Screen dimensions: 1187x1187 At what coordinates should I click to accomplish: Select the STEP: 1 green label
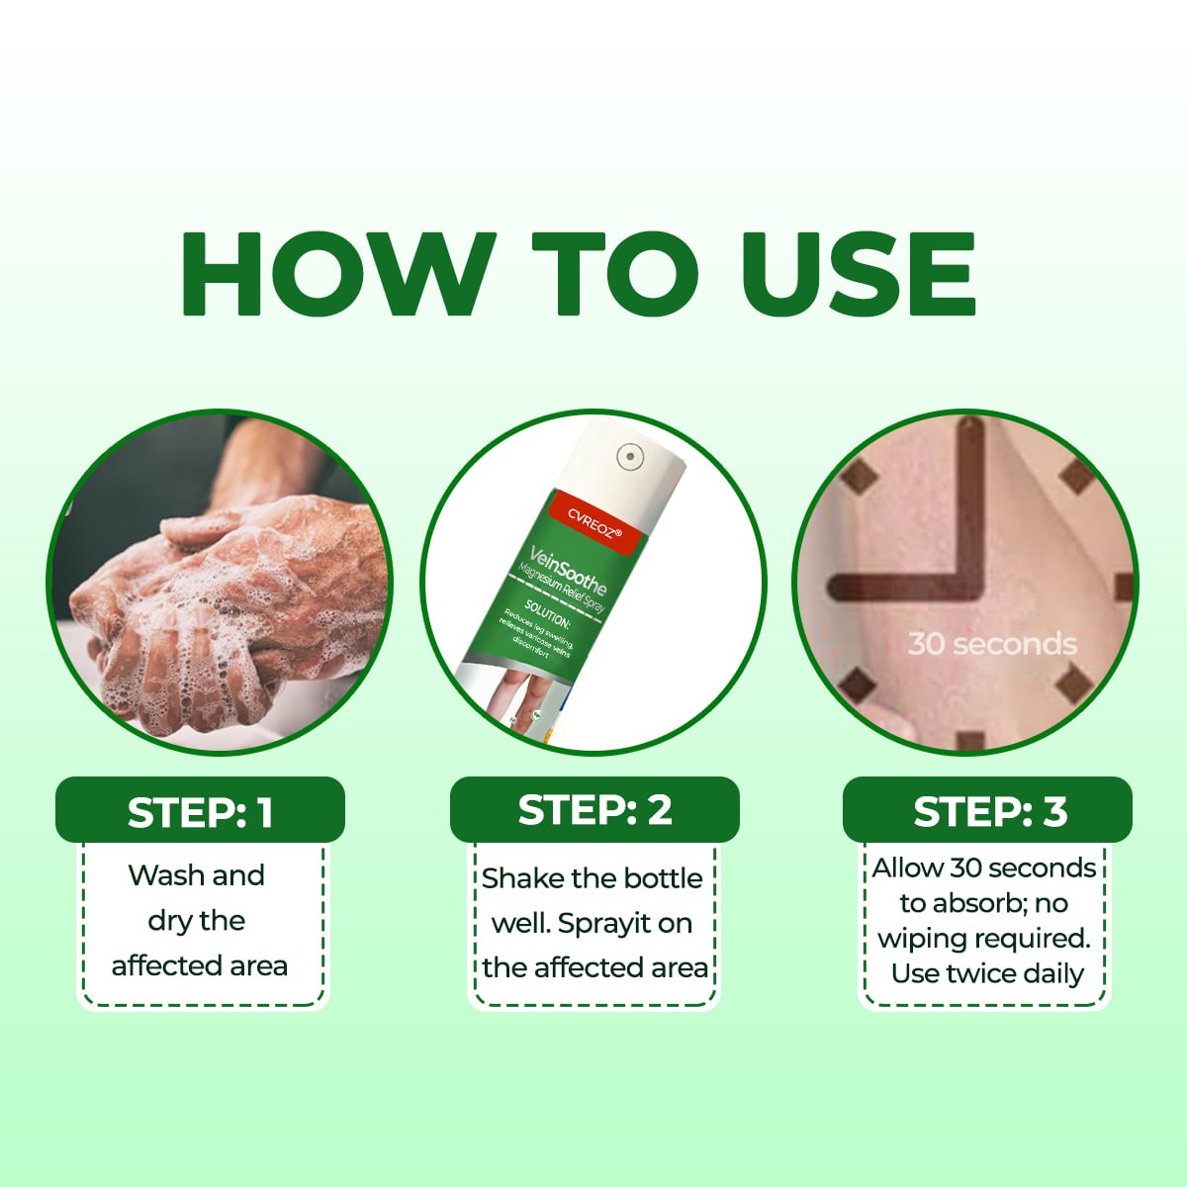point(200,812)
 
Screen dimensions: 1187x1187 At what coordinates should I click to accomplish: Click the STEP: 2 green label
point(594,810)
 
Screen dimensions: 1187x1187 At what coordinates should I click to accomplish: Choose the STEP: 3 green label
point(988,811)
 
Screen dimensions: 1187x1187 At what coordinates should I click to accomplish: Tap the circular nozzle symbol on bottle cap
point(630,456)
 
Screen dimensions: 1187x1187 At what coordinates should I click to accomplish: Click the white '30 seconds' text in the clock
point(991,644)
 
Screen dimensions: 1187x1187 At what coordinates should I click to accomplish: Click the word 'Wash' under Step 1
point(166,875)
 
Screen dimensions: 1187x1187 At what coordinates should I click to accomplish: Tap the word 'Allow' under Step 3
point(907,868)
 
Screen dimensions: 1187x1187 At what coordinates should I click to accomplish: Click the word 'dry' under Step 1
point(168,922)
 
